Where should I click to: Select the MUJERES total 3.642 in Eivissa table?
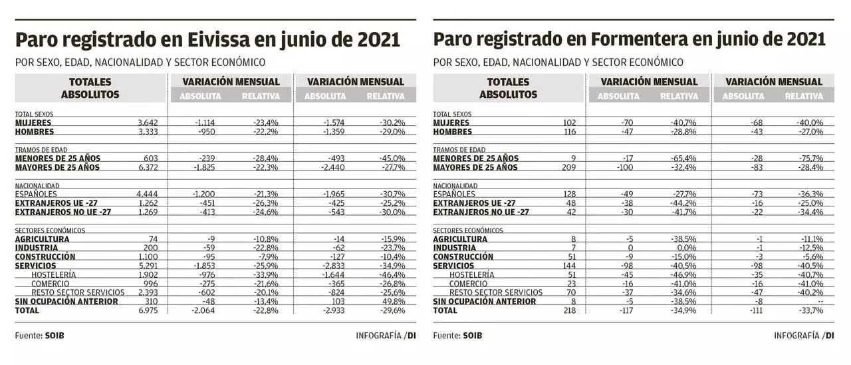(x=148, y=123)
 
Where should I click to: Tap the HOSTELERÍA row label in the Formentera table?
(x=471, y=274)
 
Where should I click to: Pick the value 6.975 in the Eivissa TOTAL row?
(x=148, y=310)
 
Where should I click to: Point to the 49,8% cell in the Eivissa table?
(x=392, y=302)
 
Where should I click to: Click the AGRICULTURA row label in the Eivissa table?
(x=42, y=238)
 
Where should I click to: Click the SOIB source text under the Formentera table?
(x=473, y=336)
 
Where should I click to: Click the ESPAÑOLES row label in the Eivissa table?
(x=38, y=194)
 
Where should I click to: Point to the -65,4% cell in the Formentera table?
(x=684, y=159)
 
